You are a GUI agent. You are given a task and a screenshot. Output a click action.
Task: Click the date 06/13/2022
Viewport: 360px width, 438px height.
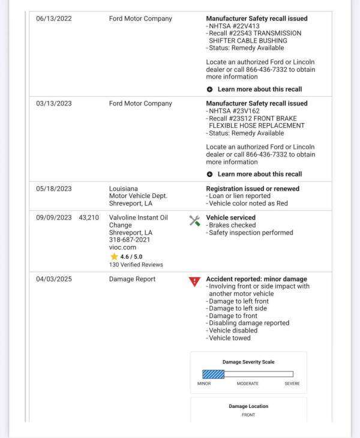coord(53,19)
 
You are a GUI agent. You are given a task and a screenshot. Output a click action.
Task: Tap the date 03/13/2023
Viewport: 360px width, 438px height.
coord(53,103)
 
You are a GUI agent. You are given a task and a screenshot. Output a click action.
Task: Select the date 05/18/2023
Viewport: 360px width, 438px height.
coord(53,188)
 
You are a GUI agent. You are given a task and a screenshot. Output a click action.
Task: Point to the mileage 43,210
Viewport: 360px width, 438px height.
coord(89,217)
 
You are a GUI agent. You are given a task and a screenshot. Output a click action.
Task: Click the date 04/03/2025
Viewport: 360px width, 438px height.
coord(53,279)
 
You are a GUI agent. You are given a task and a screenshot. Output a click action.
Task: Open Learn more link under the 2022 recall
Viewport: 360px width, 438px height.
coord(259,89)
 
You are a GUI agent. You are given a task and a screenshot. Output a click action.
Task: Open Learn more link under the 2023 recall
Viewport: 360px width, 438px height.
coord(259,174)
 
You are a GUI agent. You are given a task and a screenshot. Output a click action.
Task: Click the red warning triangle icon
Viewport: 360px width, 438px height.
coord(194,281)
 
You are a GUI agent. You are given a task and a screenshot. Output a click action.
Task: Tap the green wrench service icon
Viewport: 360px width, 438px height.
coord(194,220)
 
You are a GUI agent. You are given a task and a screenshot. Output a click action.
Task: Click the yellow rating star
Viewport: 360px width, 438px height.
coord(114,256)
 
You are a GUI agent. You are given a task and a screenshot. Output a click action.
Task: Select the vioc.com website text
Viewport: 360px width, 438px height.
coord(122,247)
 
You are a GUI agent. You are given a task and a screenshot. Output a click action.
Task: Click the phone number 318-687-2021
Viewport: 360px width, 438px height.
coord(130,239)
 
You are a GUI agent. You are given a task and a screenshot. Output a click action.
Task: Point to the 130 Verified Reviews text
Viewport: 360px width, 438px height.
coord(136,265)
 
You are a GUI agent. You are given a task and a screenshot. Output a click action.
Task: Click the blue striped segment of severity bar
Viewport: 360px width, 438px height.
coord(213,374)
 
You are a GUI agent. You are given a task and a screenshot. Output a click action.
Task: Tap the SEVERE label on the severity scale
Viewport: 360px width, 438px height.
coord(292,383)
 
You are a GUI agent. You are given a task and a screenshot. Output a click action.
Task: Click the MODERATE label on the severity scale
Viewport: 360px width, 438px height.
coord(247,383)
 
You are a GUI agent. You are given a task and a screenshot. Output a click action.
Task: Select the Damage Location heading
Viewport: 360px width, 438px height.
coord(248,406)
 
